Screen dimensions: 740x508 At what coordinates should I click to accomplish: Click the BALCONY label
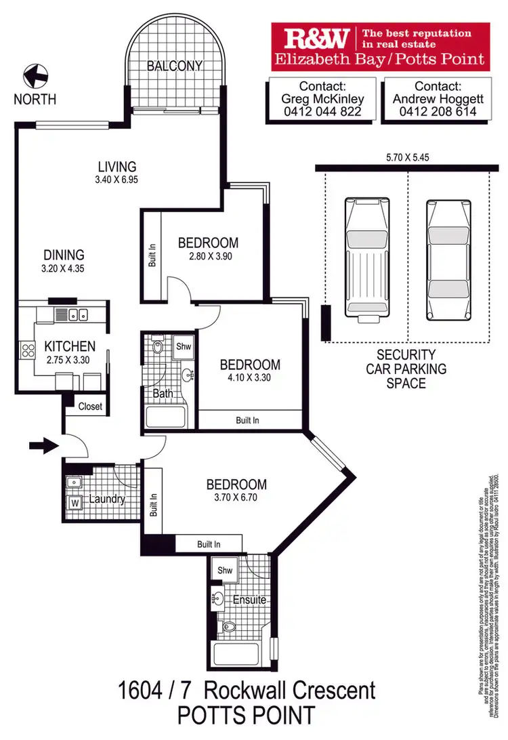(175, 66)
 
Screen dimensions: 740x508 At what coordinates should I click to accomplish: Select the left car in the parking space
(366, 258)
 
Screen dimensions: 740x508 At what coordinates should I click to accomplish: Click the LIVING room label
(117, 166)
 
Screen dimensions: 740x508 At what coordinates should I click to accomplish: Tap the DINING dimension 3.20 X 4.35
(64, 268)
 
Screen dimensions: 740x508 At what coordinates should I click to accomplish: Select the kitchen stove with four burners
(28, 350)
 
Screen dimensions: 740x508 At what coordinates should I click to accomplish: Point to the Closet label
(90, 407)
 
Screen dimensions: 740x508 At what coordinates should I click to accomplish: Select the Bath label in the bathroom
(163, 393)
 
